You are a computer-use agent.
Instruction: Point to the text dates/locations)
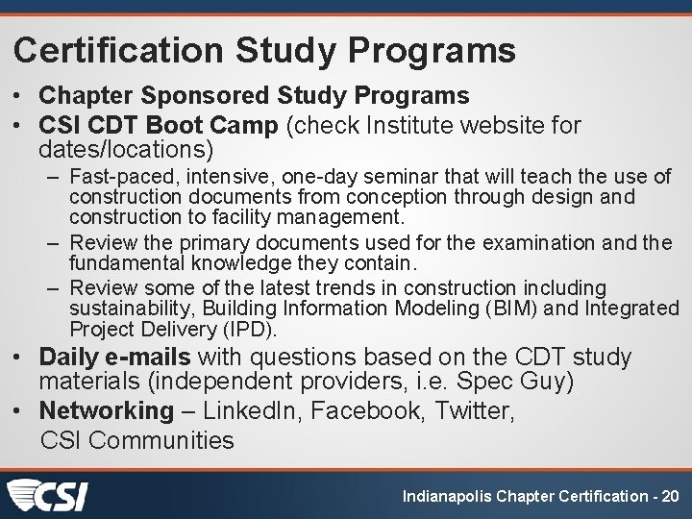pos(126,151)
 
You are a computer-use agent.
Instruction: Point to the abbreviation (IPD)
pos(250,329)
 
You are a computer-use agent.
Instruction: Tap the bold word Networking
pos(106,411)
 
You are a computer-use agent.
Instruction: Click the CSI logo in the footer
pos(47,496)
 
